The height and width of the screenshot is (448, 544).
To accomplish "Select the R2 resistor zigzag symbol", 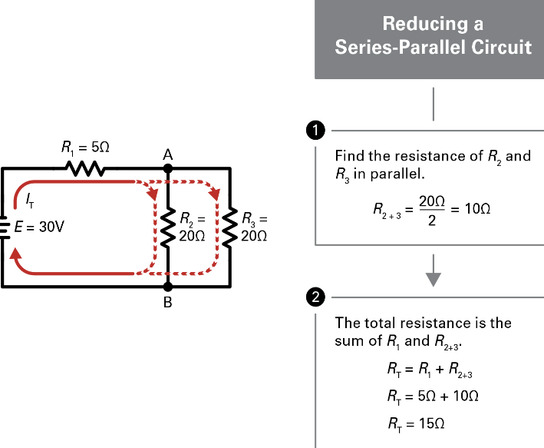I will coord(166,227).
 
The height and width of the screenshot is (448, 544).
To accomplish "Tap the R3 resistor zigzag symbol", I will coord(229,227).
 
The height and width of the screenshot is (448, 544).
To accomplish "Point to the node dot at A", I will coord(167,168).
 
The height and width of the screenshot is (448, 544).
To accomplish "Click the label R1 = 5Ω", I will coord(85,146).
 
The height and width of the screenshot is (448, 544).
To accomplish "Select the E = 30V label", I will coord(41,228).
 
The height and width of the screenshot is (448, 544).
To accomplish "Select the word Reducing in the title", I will coord(434,23).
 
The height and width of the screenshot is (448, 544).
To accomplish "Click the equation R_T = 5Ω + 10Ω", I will coord(434,397).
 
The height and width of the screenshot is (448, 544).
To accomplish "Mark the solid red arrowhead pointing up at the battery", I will coord(17,254).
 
